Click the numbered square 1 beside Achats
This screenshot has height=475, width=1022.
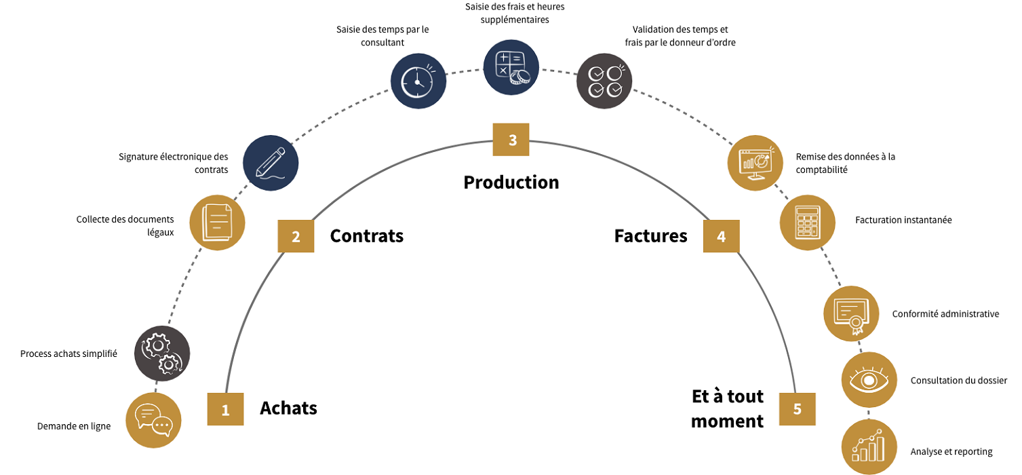pyautogui.click(x=225, y=409)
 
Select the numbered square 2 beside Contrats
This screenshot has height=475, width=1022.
pyautogui.click(x=296, y=236)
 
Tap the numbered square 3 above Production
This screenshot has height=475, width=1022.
pyautogui.click(x=511, y=140)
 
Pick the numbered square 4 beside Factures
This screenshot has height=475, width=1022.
pyautogui.click(x=721, y=236)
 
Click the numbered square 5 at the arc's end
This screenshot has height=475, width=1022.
pyautogui.click(x=797, y=408)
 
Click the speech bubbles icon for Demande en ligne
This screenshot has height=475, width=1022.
pyautogui.click(x=154, y=420)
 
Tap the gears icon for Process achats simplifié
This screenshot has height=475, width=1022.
pyautogui.click(x=161, y=354)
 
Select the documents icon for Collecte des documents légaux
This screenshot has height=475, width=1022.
pyautogui.click(x=217, y=222)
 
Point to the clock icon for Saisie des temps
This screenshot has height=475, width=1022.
pyautogui.click(x=418, y=81)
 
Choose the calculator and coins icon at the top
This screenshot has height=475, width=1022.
pyautogui.click(x=511, y=66)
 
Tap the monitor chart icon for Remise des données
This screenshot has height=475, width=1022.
pyautogui.click(x=755, y=162)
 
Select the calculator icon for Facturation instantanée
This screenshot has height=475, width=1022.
pyautogui.click(x=807, y=223)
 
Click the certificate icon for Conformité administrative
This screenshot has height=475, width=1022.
pyautogui.click(x=851, y=313)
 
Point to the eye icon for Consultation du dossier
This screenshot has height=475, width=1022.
pyautogui.click(x=869, y=380)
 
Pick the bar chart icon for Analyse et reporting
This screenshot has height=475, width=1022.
pyautogui.click(x=869, y=447)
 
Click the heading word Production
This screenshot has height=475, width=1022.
pyautogui.click(x=511, y=183)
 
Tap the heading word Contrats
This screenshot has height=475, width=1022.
pyautogui.click(x=367, y=236)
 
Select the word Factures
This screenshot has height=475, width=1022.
pyautogui.click(x=650, y=236)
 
